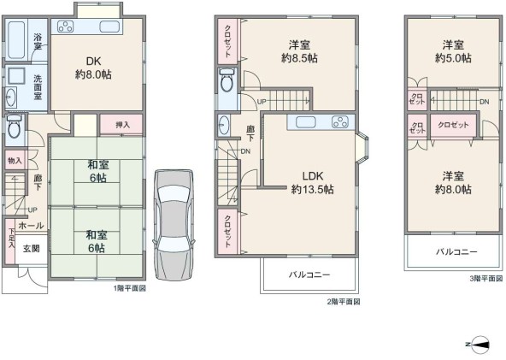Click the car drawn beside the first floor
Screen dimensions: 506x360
[x=174, y=225]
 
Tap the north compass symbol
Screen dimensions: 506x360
[x=479, y=344]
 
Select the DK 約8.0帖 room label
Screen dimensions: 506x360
[x=93, y=68]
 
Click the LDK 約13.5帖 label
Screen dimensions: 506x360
[x=312, y=183]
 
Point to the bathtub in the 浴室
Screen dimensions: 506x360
[x=16, y=39]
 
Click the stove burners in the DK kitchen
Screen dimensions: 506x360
[x=66, y=27]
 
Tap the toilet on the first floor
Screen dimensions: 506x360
[x=14, y=126]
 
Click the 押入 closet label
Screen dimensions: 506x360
[x=122, y=125]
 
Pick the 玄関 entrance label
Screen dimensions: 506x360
[x=32, y=248]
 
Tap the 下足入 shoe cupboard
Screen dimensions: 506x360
[x=10, y=241]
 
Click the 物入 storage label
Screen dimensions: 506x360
[x=15, y=161]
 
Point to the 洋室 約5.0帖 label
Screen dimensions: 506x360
[x=453, y=51]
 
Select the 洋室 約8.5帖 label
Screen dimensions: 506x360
[x=299, y=51]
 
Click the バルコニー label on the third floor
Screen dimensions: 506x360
[x=456, y=251]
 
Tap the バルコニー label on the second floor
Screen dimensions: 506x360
[x=309, y=274]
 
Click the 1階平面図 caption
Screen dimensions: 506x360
[x=129, y=288]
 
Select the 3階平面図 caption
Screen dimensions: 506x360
[x=486, y=278]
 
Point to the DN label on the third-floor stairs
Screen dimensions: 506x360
[x=484, y=102]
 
